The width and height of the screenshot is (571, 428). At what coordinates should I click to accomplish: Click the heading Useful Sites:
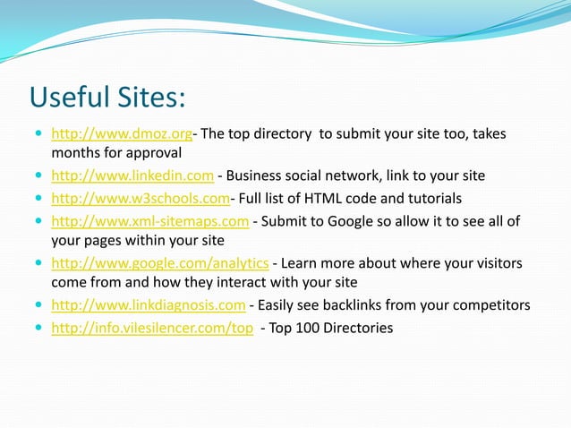coord(107,96)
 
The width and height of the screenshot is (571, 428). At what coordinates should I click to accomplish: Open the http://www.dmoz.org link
coord(122,134)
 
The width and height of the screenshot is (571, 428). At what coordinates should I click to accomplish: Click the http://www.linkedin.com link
coord(132,175)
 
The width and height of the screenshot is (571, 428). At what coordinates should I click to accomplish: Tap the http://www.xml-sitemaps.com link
coord(149,220)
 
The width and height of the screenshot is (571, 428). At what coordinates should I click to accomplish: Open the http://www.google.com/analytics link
coord(160,262)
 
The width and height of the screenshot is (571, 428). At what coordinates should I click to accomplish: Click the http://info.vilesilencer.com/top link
coord(152,328)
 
